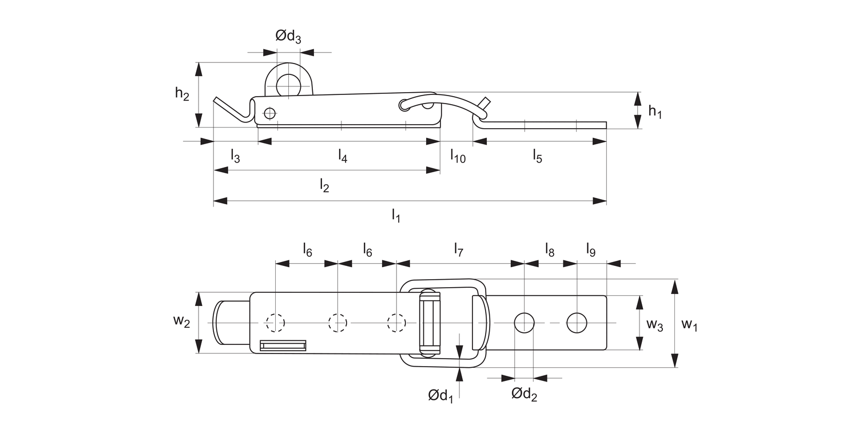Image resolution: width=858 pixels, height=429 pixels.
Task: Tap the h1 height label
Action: [x=655, y=112]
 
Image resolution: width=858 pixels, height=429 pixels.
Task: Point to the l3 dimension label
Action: [x=235, y=155]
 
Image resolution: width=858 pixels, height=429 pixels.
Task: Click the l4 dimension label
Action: [x=343, y=155]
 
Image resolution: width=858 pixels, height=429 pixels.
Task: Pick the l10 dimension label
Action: [x=458, y=155]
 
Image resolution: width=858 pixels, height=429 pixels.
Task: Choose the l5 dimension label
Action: [x=537, y=155]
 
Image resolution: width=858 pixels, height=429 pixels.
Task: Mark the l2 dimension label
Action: [x=324, y=185]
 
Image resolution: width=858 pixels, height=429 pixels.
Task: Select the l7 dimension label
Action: [x=458, y=249]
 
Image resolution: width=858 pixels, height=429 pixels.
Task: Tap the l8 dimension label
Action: [x=549, y=249]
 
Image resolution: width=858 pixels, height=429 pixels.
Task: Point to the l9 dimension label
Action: [x=591, y=249]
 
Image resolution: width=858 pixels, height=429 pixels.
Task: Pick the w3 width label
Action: [x=655, y=325]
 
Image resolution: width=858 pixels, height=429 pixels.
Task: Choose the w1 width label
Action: [x=689, y=325]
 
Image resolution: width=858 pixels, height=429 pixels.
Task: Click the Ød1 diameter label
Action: [x=440, y=395]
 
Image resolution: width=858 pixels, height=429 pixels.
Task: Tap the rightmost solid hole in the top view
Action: [x=577, y=323]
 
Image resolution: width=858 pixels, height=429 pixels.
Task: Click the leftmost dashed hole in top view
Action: [x=275, y=323]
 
